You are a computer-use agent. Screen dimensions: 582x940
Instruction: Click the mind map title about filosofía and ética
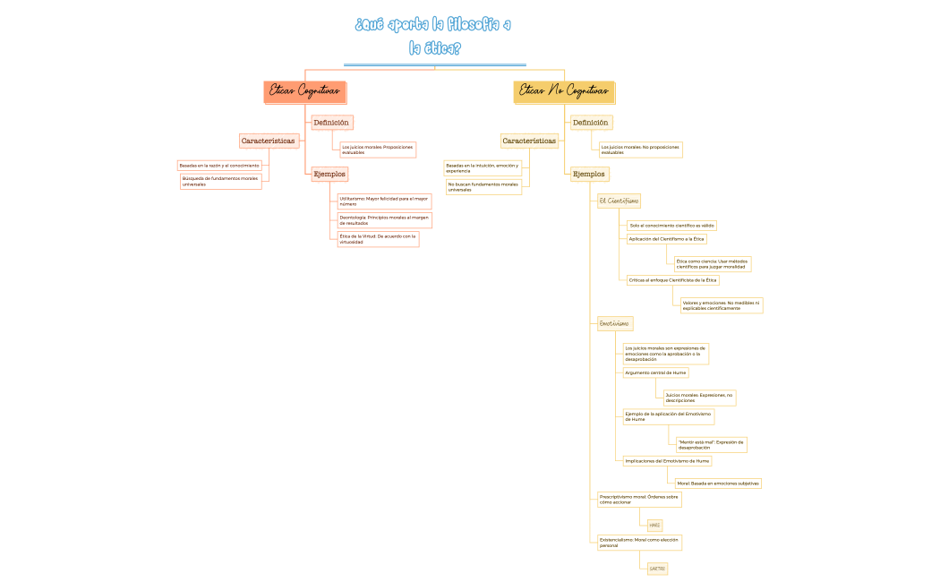434,36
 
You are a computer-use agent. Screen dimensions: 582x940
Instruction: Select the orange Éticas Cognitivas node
305,91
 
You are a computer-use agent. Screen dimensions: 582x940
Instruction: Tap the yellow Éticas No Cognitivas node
564,91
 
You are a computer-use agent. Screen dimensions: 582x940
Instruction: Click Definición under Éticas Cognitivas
331,123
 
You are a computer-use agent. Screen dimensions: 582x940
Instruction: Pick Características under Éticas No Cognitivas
529,141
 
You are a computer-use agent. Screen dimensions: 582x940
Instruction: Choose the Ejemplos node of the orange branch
329,174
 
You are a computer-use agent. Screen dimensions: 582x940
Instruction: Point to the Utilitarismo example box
384,201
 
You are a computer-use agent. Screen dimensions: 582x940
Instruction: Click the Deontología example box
385,220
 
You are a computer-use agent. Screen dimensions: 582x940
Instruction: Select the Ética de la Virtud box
378,239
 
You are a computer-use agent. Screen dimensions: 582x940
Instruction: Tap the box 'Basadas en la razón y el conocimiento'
219,166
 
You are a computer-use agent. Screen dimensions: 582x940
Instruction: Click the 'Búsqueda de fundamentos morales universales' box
220,182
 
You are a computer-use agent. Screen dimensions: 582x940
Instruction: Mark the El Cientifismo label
619,201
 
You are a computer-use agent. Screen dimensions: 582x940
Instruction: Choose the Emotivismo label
614,323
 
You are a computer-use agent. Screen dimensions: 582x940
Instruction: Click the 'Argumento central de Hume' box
655,372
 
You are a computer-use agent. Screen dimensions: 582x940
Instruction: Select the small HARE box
654,526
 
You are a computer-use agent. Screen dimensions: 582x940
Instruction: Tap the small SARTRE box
657,569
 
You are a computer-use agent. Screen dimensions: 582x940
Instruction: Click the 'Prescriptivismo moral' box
639,499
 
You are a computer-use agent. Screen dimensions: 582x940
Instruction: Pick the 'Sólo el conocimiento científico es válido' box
671,226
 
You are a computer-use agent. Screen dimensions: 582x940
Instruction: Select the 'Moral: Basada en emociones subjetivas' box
718,484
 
